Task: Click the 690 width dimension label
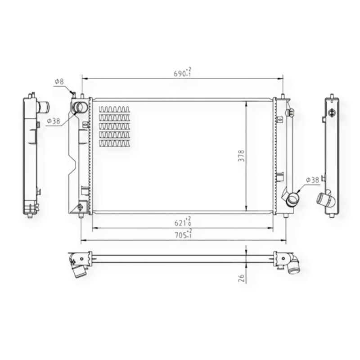tap(183, 72)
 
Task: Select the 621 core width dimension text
tap(183, 221)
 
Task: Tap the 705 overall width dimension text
tap(184, 234)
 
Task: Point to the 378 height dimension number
tap(241, 156)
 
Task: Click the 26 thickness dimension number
tap(241, 278)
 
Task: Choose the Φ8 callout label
tap(59, 81)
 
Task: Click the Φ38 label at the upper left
tap(54, 121)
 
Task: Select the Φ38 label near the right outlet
tap(312, 180)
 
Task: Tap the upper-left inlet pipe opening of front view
tap(80, 107)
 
